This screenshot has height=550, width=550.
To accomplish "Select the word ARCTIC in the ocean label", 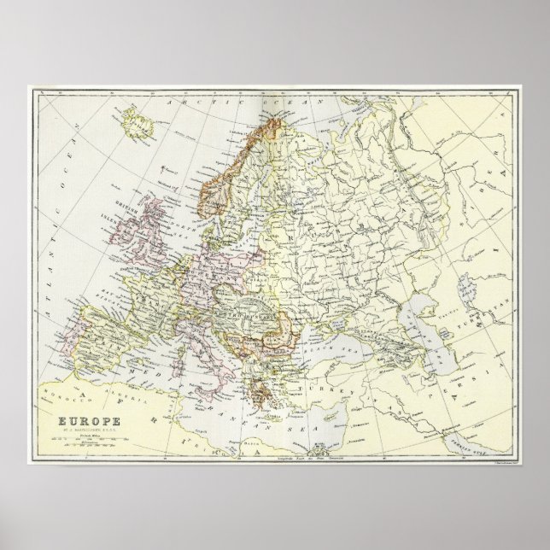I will [199, 103].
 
